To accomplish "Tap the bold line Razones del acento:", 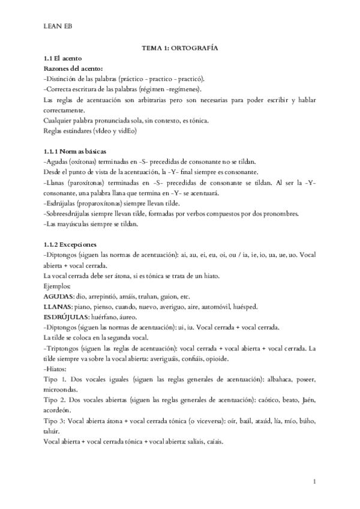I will pyautogui.click(x=73, y=68).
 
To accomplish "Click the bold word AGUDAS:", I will pyautogui.click(x=59, y=297).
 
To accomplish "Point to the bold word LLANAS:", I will pyautogui.click(x=60, y=307).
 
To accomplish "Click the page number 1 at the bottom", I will pyautogui.click(x=315, y=481).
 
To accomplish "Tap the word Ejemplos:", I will pyautogui.click(x=58, y=287).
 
